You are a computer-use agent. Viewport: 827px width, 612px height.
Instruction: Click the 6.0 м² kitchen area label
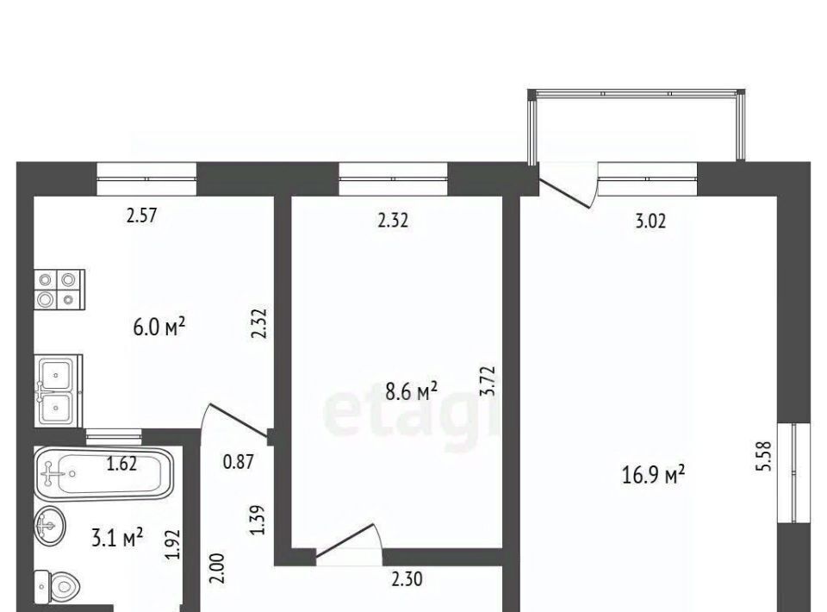pyautogui.click(x=159, y=327)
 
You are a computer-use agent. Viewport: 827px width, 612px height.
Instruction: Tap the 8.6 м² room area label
pyautogui.click(x=412, y=391)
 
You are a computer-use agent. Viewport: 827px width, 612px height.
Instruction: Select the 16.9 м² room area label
pyautogui.click(x=654, y=474)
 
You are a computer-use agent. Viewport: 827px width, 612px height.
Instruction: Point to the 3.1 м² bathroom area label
pyautogui.click(x=117, y=540)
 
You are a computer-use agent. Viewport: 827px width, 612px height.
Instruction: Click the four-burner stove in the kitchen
pyautogui.click(x=59, y=289)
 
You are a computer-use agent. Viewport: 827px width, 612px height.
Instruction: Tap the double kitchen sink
pyautogui.click(x=59, y=390)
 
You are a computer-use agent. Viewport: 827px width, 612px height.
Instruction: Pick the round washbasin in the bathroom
pyautogui.click(x=50, y=525)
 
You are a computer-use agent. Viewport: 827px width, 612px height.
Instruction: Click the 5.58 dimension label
pyautogui.click(x=765, y=456)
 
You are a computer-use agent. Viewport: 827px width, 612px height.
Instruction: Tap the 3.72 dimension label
pyautogui.click(x=488, y=381)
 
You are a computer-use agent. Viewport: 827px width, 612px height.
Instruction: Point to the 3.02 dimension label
pyautogui.click(x=650, y=221)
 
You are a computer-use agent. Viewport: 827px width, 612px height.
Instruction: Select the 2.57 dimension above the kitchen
pyautogui.click(x=142, y=215)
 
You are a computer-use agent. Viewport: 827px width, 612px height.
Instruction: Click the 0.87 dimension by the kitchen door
pyautogui.click(x=239, y=462)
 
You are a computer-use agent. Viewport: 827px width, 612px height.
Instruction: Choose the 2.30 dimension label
pyautogui.click(x=407, y=579)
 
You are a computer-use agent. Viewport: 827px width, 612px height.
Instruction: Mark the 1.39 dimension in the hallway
pyautogui.click(x=258, y=520)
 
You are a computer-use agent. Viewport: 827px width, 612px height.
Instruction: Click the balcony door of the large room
pyautogui.click(x=567, y=185)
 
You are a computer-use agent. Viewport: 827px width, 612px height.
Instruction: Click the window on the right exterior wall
pyautogui.click(x=794, y=472)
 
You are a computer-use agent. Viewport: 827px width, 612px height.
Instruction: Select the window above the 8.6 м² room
pyautogui.click(x=393, y=178)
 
